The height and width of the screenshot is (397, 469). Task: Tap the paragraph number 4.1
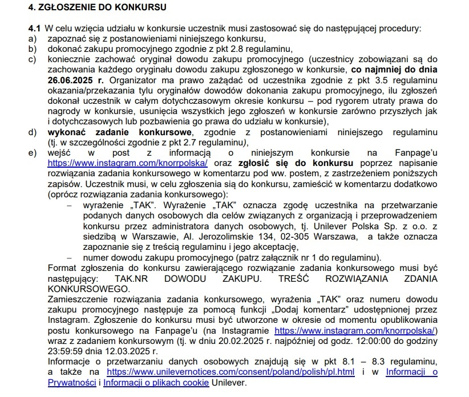[35, 28]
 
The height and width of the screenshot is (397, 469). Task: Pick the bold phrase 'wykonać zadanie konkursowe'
[105, 132]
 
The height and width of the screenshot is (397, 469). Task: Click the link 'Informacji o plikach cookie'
[156, 382]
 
